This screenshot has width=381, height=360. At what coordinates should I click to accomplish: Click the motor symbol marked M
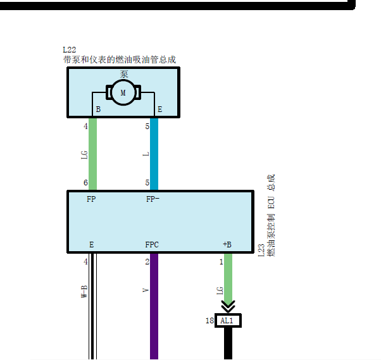(123, 92)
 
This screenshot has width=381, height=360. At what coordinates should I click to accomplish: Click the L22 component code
(70, 50)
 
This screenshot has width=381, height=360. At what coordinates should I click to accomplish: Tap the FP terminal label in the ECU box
(91, 199)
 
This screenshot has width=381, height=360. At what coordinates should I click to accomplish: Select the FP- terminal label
(153, 199)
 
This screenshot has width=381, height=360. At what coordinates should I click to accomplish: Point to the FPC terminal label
(152, 245)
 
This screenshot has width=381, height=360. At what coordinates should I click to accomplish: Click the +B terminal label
(227, 245)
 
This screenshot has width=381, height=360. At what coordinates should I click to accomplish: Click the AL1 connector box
(228, 321)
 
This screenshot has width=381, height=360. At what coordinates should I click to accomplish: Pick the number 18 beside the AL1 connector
(209, 321)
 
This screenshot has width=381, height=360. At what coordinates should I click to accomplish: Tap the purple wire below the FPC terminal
(154, 306)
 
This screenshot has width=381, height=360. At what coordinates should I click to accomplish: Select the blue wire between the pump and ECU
(154, 154)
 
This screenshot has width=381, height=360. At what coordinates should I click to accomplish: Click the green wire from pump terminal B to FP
(92, 154)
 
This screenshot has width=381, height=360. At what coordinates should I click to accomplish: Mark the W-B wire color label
(84, 292)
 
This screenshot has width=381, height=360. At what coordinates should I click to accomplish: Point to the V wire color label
(146, 290)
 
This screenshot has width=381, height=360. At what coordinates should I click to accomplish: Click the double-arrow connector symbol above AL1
(228, 307)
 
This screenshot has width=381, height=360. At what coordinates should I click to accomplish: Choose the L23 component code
(261, 250)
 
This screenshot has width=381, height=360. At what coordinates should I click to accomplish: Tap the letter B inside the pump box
(98, 109)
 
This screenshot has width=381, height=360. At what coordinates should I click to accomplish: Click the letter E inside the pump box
(159, 109)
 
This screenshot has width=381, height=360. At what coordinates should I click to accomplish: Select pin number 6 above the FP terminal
(85, 183)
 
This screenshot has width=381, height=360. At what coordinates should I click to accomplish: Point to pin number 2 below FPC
(147, 262)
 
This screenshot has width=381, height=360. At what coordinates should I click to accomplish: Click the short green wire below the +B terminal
(228, 277)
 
